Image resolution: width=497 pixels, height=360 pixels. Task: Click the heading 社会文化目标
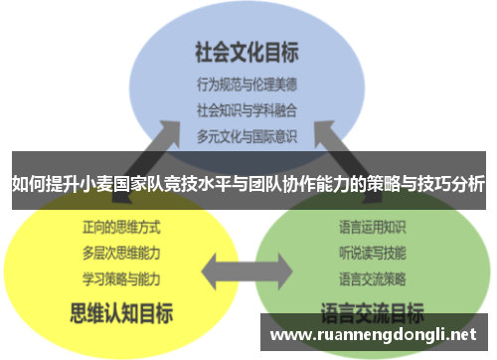[247, 49]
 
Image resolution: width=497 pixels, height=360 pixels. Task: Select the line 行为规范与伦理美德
[247, 84]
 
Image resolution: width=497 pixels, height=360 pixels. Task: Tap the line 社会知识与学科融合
[247, 107]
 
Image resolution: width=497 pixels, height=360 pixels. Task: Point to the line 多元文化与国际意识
[247, 131]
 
